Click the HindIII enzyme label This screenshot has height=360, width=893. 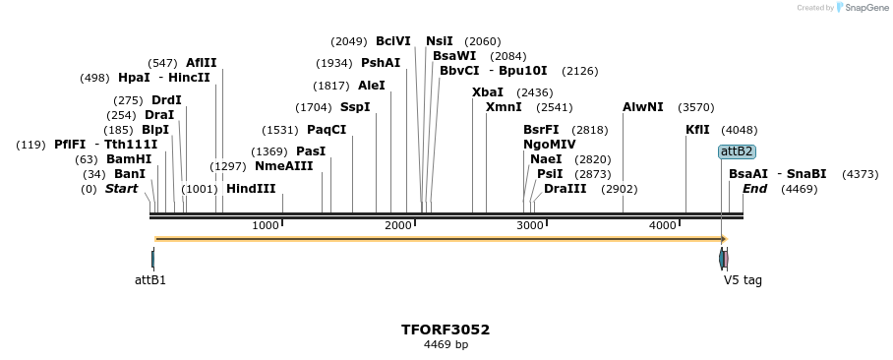click(x=251, y=189)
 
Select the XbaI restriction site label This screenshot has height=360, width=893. click(x=488, y=92)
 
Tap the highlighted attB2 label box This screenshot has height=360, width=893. click(x=737, y=151)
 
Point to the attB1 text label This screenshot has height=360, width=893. click(x=150, y=280)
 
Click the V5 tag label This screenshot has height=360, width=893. click(x=743, y=280)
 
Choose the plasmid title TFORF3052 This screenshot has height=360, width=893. click(x=446, y=330)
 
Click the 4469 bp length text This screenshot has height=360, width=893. click(x=446, y=345)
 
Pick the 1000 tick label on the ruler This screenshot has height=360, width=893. click(x=266, y=226)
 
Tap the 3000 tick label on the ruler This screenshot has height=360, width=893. click(x=530, y=226)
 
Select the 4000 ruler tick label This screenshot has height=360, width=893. click(x=663, y=226)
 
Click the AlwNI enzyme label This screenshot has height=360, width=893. click(x=643, y=107)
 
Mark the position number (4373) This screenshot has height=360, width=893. click(x=861, y=174)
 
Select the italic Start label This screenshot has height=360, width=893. click(x=121, y=189)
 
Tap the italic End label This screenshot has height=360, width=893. click(x=754, y=189)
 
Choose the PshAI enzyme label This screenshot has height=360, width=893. click(x=381, y=63)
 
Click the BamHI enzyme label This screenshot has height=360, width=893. click(x=129, y=159)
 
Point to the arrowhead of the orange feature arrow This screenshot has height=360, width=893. click(x=723, y=239)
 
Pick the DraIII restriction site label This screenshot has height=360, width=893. click(x=565, y=189)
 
